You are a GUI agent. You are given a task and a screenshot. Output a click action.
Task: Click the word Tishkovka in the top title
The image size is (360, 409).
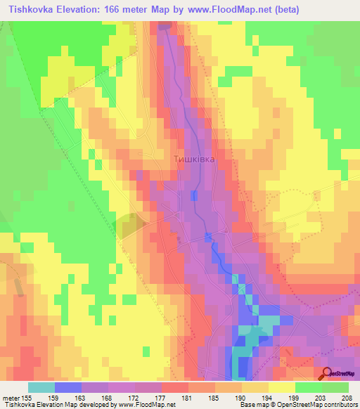point(30,10)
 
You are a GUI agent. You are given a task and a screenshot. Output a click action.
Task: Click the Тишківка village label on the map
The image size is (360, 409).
point(193,160)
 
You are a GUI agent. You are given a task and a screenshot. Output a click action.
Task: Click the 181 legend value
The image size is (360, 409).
point(188,398)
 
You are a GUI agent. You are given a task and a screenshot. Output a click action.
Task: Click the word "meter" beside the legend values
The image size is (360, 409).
point(11,398)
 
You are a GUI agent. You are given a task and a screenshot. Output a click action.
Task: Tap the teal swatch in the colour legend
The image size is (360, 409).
point(41,387)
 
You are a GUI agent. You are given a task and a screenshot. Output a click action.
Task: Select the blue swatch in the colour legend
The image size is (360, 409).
point(67,387)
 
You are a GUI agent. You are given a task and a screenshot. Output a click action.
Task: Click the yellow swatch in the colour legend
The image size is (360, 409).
point(281,387)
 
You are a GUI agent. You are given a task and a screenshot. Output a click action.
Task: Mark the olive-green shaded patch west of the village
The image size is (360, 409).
point(129,226)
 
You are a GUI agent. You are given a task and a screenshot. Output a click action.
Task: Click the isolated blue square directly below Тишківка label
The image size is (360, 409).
point(193,195)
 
